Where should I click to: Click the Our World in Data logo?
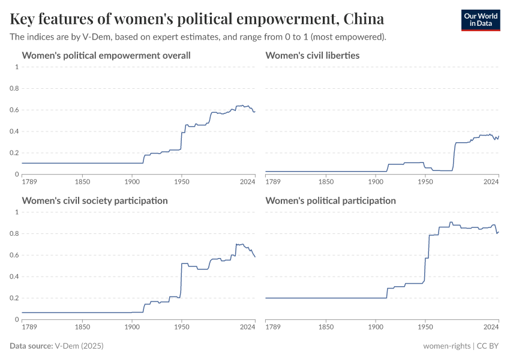click(x=480, y=20)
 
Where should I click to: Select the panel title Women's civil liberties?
click(x=312, y=56)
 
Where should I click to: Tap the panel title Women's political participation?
click(x=330, y=200)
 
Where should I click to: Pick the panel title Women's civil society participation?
click(x=95, y=200)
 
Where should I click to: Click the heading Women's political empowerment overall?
click(x=106, y=56)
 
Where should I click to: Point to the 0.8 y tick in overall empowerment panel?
click(x=15, y=88)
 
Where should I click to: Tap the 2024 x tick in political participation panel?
click(x=491, y=327)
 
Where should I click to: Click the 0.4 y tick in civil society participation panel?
click(x=15, y=277)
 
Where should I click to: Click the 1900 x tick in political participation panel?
click(x=376, y=327)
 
